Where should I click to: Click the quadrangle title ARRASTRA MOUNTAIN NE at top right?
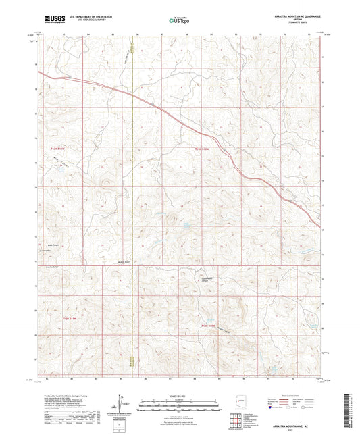tap(295, 14)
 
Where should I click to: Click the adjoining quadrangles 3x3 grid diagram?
tap(234, 418)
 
